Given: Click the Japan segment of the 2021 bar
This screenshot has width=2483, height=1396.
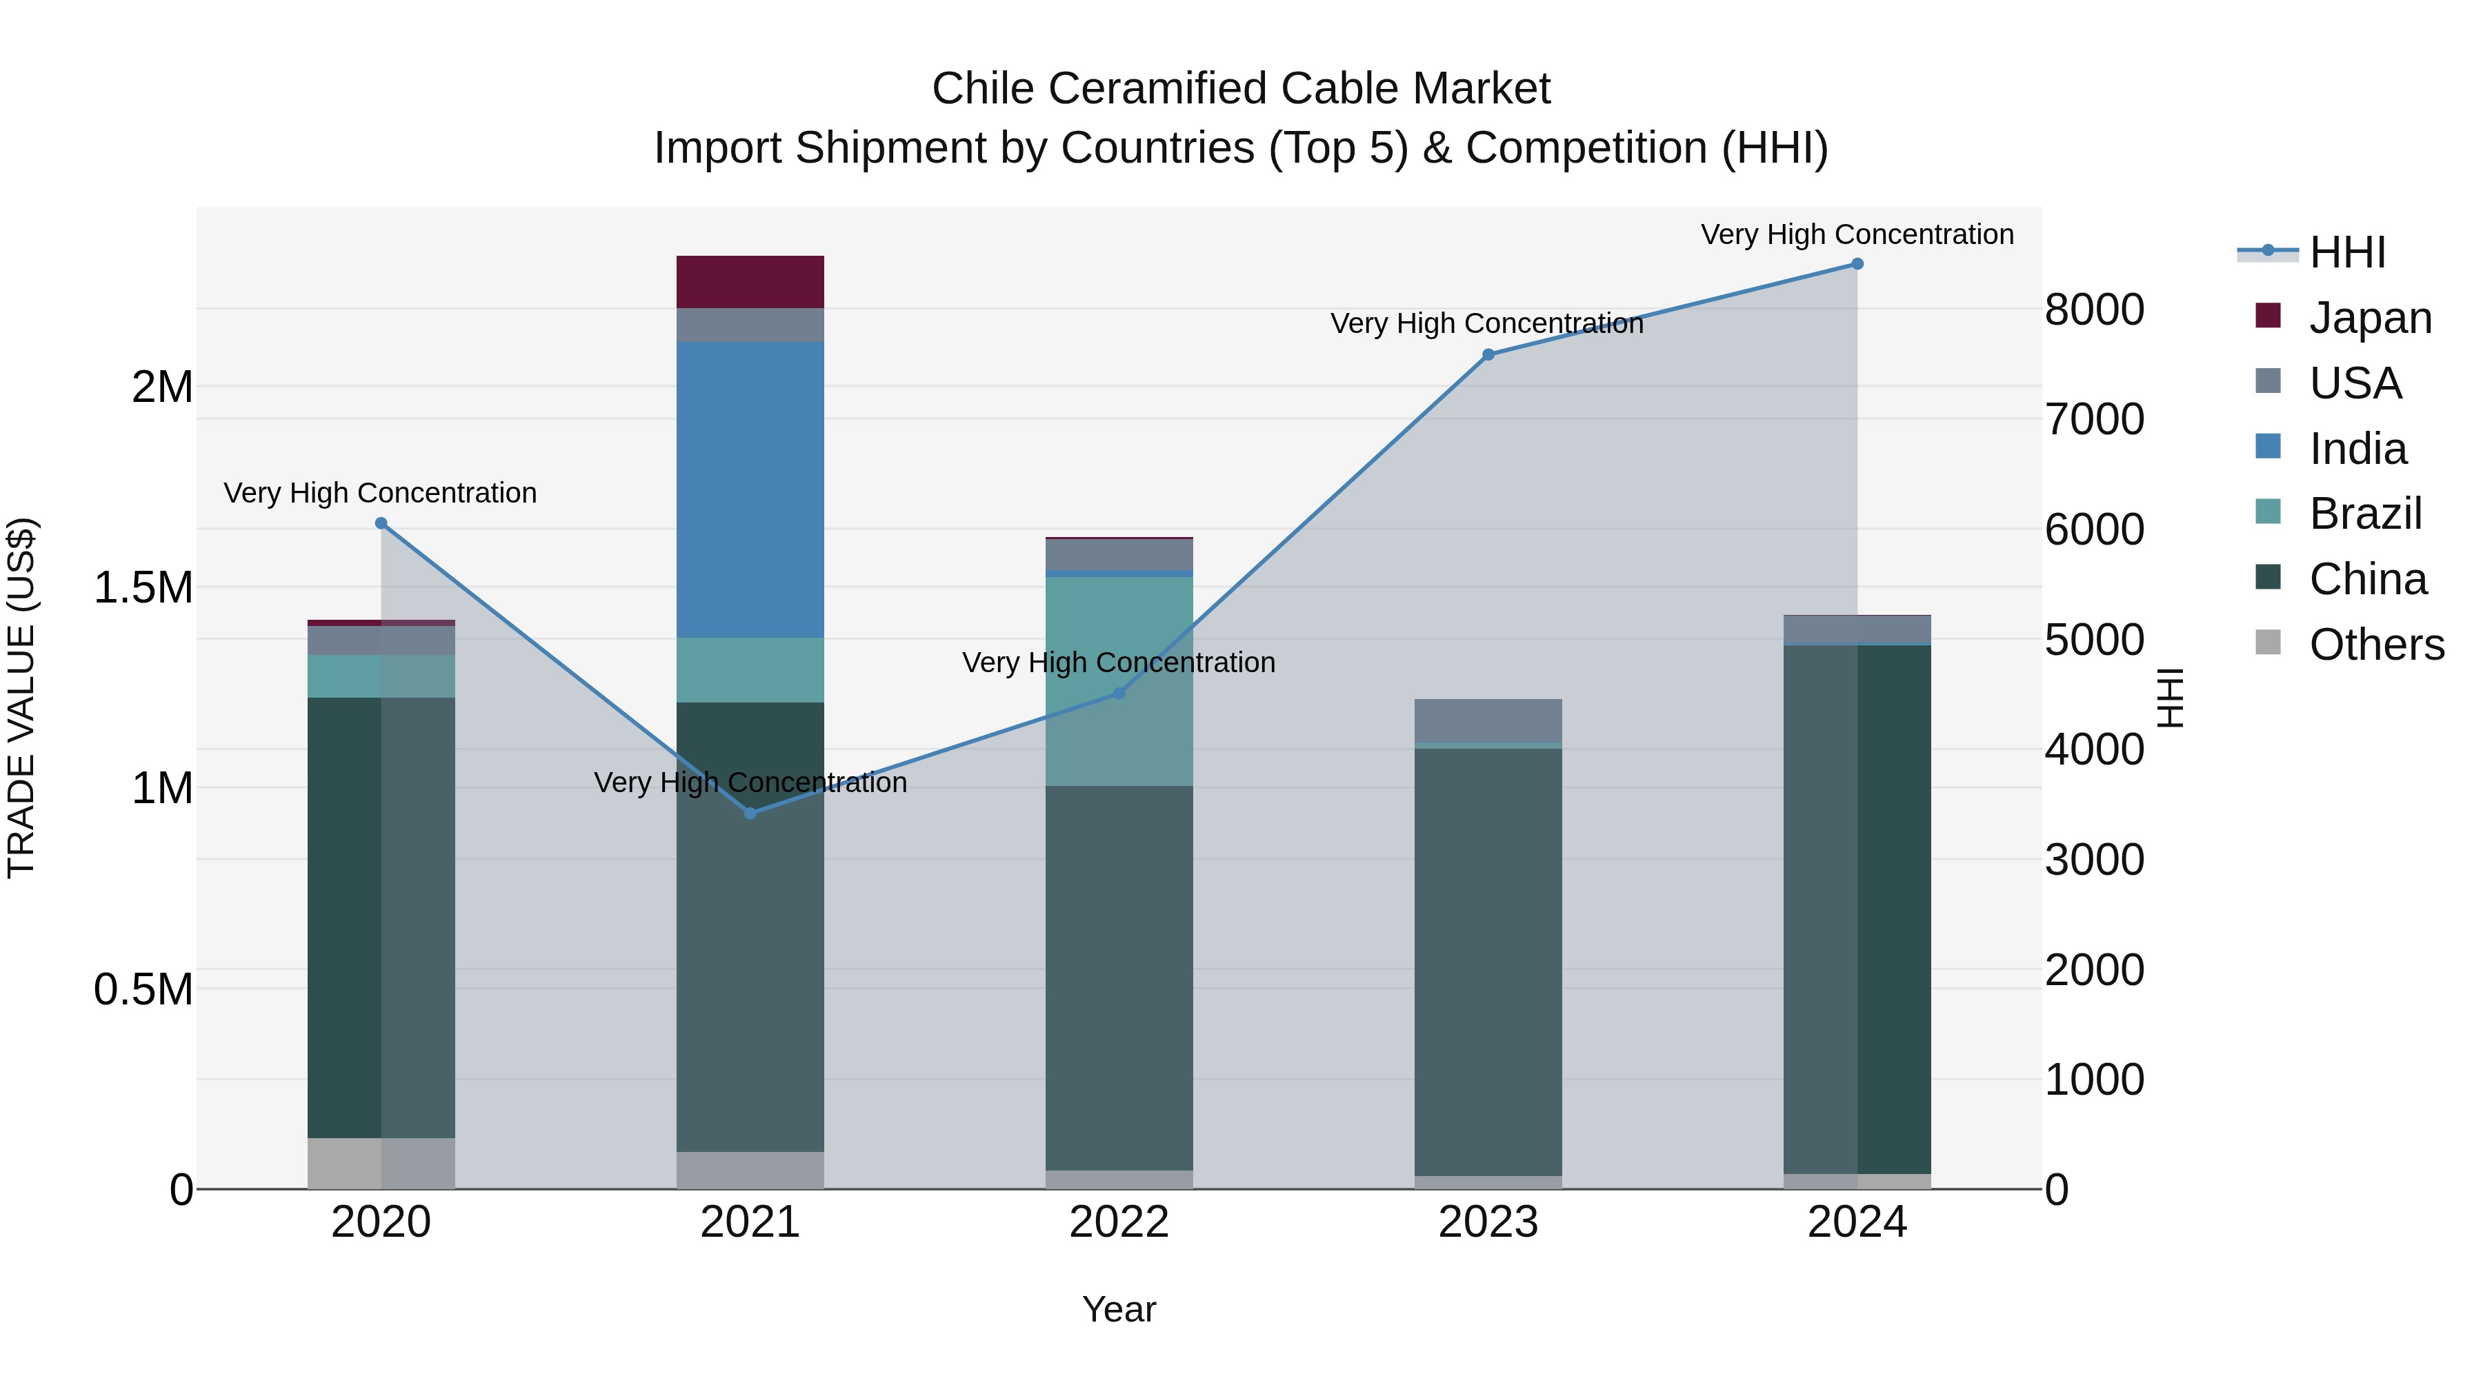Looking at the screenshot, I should pos(750,281).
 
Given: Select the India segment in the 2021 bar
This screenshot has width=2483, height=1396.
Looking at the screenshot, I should pos(750,489).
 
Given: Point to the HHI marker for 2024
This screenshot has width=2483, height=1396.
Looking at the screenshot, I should pos(1857,264).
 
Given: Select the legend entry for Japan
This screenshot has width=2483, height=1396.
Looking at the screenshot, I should pos(2370,317).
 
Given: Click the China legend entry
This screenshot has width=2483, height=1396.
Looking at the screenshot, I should pos(2367,579).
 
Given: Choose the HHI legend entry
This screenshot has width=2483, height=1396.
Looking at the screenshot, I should pos(2347,252).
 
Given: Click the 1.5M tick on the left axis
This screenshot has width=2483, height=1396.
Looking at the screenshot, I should pos(143,587).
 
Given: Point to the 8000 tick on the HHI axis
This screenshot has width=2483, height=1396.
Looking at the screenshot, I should pos(2093,310).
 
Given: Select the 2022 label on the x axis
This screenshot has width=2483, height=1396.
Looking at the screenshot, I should pos(1119,1222).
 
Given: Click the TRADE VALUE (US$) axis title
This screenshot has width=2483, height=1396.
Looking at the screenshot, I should pos(21,698).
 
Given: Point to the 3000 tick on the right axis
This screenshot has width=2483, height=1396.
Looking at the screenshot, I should pos(2093,860).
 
